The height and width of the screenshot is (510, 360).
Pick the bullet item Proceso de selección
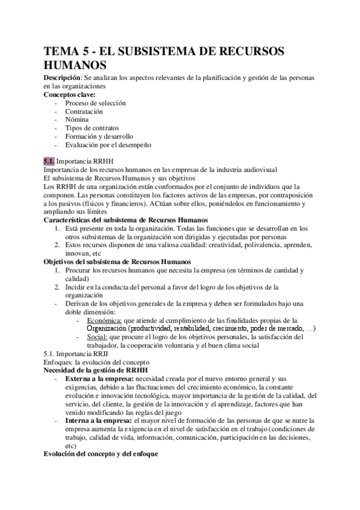(96, 103)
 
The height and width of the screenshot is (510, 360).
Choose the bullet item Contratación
(84, 111)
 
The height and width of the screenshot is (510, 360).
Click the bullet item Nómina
(77, 120)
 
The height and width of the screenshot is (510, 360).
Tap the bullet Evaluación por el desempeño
(109, 145)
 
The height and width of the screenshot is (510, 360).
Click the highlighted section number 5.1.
(49, 162)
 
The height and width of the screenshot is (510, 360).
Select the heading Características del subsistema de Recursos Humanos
(126, 220)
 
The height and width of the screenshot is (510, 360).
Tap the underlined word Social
(99, 337)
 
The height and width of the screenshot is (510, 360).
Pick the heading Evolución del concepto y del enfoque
(100, 455)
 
